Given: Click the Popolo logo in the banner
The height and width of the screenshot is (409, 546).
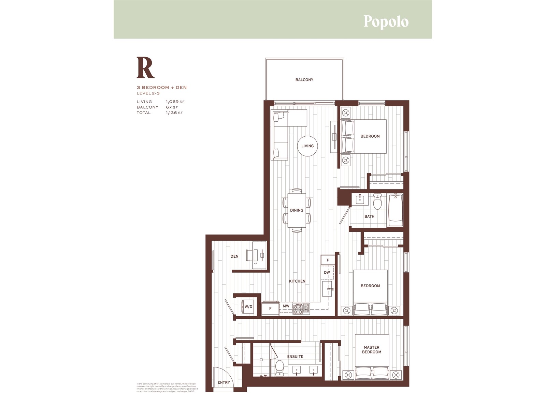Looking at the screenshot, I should [x=386, y=21].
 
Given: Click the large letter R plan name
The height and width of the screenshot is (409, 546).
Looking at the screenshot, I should [x=145, y=67].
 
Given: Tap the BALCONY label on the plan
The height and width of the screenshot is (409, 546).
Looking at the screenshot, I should [x=304, y=80].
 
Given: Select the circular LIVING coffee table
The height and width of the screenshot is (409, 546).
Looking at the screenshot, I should [x=307, y=146].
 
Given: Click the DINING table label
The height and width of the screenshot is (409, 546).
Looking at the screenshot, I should [x=297, y=210].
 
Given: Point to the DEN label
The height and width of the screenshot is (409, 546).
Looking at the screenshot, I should [x=234, y=256].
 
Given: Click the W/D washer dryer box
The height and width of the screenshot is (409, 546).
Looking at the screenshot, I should [x=248, y=307].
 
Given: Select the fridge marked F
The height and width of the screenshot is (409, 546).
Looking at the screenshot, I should [x=270, y=308].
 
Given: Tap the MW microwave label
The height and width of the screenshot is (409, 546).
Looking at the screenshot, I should [x=286, y=306].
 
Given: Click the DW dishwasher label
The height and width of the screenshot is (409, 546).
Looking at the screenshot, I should [x=327, y=272].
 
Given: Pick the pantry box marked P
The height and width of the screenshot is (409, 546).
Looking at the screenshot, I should [x=328, y=260].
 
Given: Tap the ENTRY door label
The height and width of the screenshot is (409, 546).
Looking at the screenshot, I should [x=224, y=382].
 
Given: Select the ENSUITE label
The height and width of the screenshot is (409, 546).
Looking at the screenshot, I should [x=295, y=357].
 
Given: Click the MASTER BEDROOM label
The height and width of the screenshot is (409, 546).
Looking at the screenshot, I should [x=371, y=350].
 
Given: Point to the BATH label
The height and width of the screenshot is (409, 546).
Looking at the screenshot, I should [x=369, y=216].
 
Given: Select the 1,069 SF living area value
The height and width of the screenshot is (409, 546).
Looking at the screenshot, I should [x=175, y=102].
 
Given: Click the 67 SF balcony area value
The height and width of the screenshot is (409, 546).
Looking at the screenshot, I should [x=172, y=107].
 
